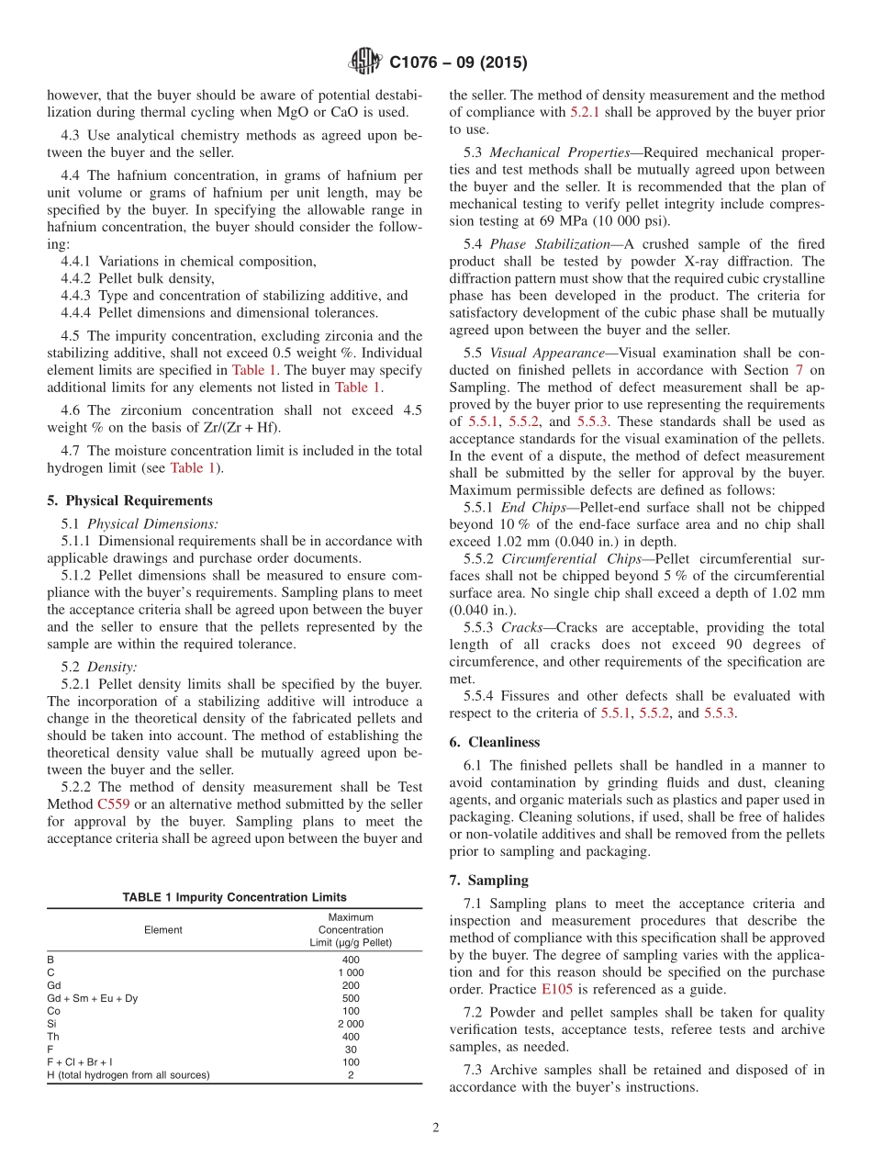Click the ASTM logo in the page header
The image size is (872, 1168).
click(366, 62)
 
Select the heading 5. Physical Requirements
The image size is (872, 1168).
click(129, 500)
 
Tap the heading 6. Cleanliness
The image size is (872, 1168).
click(495, 742)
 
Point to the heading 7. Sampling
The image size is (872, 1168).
click(489, 880)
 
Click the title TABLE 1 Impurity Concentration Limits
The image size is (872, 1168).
click(235, 897)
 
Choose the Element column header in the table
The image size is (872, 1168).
click(163, 930)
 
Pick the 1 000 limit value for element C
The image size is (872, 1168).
click(351, 972)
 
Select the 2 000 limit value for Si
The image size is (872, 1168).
click(351, 1024)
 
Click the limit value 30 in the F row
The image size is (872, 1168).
click(351, 1050)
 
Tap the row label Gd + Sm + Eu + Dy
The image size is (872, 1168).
click(93, 998)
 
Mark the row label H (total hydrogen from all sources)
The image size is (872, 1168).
click(129, 1075)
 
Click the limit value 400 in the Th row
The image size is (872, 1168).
click(351, 1037)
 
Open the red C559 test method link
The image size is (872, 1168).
click(115, 804)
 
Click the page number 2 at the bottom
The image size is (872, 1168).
click(436, 1128)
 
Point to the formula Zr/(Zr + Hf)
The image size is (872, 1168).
click(236, 427)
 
